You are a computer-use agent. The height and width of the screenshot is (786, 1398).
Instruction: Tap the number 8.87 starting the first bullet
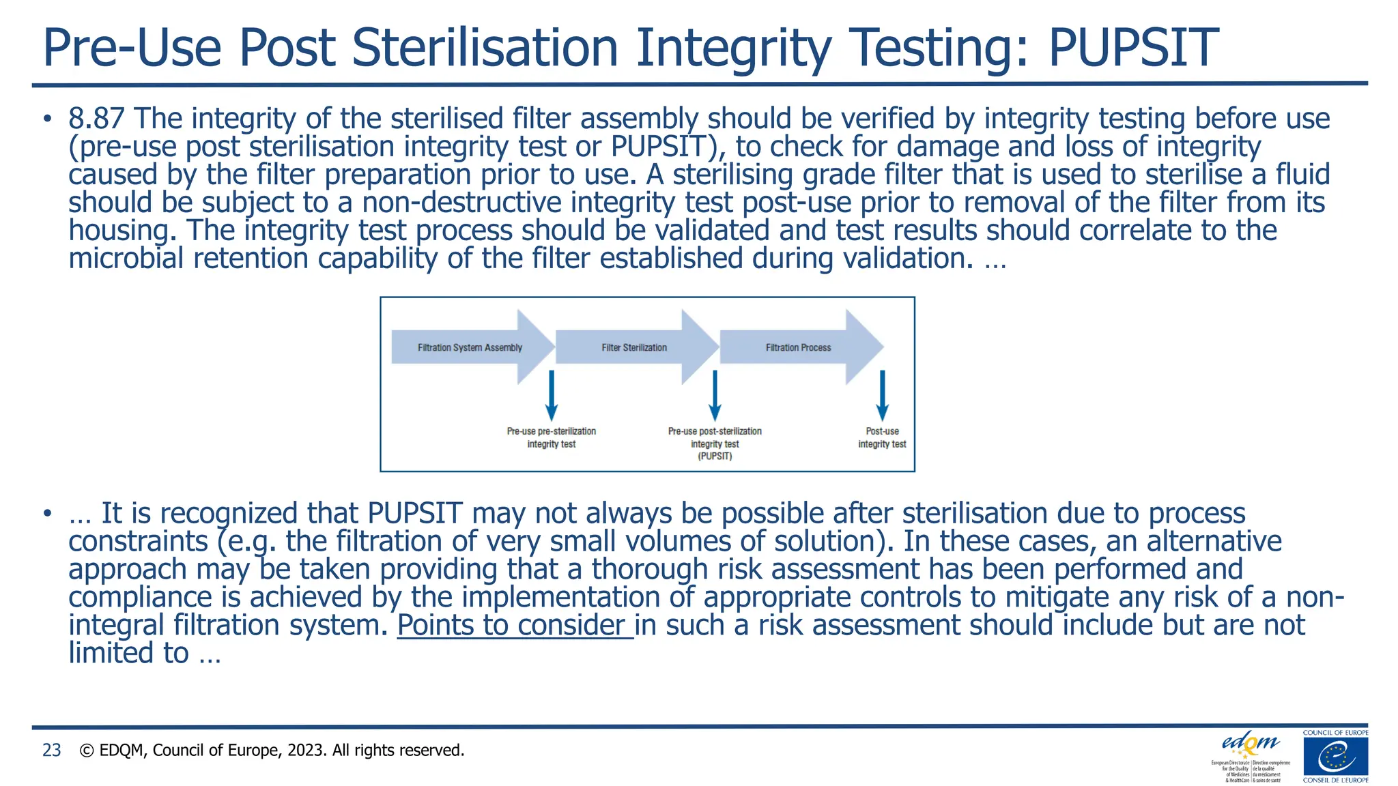(96, 119)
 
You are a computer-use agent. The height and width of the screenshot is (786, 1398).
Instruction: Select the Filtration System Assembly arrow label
(470, 347)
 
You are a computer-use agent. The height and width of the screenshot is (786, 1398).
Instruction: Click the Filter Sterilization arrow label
(634, 347)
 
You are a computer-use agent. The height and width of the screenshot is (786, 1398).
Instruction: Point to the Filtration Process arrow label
(798, 347)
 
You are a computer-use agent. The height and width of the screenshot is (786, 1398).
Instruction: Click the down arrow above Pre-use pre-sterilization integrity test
(552, 396)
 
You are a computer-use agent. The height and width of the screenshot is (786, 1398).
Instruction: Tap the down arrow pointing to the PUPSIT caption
(715, 396)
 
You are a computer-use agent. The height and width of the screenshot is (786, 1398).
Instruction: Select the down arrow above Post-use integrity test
(882, 396)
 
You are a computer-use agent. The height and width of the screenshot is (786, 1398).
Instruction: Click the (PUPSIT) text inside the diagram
(715, 456)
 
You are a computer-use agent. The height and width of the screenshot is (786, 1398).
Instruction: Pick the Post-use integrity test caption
(882, 437)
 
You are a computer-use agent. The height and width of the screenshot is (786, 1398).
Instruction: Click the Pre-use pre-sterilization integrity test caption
(552, 437)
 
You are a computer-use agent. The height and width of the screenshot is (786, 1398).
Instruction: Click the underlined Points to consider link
(515, 625)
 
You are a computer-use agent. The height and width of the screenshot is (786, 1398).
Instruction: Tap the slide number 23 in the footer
(52, 751)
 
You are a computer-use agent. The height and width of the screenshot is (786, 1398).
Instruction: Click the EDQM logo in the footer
(1251, 744)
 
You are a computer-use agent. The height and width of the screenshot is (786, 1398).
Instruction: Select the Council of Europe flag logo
(1335, 757)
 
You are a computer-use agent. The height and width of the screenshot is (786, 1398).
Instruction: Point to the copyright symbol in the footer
(87, 751)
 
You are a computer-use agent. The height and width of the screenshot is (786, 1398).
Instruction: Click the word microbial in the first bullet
(126, 259)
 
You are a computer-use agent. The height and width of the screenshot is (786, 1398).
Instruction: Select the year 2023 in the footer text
(308, 751)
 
